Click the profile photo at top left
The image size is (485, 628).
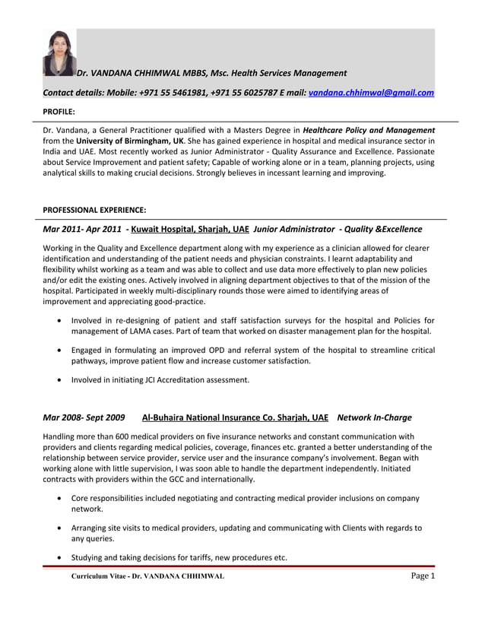(59, 52)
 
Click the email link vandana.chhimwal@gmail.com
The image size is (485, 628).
(371, 93)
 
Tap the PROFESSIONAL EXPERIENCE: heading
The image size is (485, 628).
(94, 210)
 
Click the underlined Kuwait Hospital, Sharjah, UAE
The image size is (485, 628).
(189, 229)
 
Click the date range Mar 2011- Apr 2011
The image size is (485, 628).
(82, 229)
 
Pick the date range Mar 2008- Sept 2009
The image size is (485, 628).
(84, 417)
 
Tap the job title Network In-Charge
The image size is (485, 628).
(374, 417)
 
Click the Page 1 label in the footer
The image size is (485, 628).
(423, 576)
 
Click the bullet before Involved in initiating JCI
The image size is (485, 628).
(60, 380)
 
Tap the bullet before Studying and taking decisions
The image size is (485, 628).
(60, 557)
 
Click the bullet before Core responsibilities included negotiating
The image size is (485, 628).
(60, 498)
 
